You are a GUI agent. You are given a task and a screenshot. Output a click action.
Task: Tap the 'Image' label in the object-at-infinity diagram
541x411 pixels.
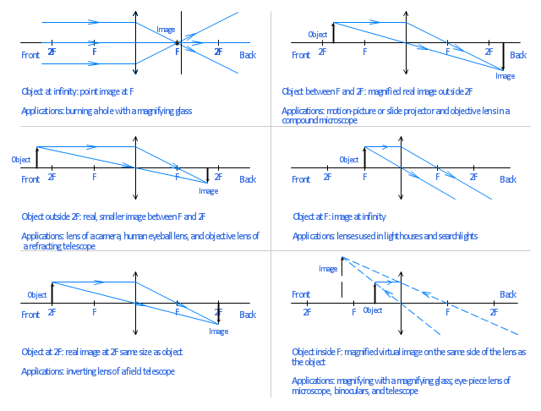pos(166,30)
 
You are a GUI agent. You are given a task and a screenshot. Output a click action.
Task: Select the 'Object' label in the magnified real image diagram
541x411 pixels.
pos(318,35)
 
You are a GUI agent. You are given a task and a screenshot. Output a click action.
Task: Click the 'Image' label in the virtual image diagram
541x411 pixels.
pos(328,269)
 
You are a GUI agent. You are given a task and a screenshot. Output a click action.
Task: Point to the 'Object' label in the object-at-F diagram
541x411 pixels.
pos(348,159)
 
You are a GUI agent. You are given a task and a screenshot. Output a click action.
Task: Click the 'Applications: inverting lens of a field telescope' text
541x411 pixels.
pos(98,372)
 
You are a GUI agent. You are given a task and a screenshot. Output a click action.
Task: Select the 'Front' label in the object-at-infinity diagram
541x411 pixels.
pos(30,55)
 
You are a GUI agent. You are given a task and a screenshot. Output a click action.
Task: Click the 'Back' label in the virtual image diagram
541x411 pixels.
pos(507,294)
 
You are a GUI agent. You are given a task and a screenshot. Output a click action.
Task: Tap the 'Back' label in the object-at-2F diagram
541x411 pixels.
pos(247,315)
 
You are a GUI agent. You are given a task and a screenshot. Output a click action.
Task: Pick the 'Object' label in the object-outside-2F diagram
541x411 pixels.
pos(21,159)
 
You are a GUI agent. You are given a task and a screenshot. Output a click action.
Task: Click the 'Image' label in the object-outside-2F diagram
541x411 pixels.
pos(208,191)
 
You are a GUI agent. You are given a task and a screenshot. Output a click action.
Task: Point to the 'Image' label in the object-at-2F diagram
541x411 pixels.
pos(218,332)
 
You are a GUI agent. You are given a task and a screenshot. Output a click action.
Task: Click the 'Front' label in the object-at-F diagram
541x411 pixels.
pos(301,179)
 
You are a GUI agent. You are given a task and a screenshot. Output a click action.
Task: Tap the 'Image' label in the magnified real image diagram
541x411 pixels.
pos(505,76)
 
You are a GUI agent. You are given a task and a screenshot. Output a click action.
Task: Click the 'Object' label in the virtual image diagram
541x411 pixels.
pos(372,310)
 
